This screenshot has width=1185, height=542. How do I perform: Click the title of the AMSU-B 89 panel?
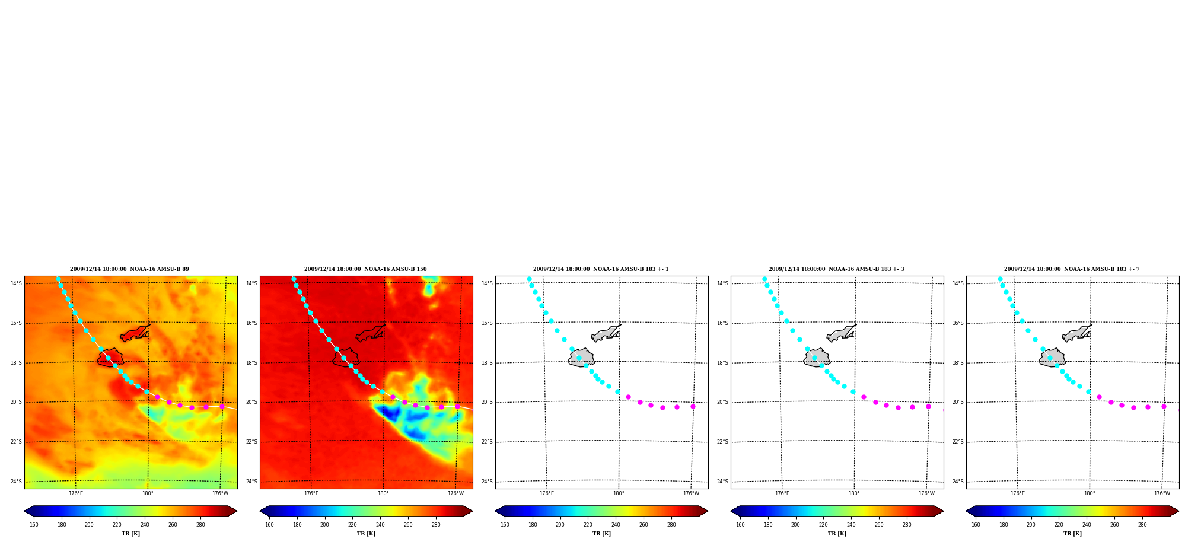tap(129, 269)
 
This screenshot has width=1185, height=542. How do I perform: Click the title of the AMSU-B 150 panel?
tap(365, 269)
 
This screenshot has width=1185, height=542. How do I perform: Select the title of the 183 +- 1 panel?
tap(601, 269)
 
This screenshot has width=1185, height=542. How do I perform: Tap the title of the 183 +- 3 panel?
tap(836, 269)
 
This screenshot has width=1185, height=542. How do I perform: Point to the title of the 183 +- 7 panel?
tap(1072, 269)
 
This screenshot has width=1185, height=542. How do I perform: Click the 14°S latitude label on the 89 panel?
tap(16, 283)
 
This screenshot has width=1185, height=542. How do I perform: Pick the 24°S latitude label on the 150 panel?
tap(251, 482)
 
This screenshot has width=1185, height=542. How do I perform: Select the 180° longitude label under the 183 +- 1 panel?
tap(619, 493)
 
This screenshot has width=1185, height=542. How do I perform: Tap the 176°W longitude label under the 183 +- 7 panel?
tap(1162, 493)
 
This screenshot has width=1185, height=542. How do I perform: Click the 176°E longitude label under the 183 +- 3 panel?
tap(782, 493)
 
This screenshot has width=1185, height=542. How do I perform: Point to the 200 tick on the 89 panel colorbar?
tap(89, 524)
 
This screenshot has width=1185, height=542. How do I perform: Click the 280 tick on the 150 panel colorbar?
tap(436, 524)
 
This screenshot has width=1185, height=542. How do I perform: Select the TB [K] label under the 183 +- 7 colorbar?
tap(1072, 534)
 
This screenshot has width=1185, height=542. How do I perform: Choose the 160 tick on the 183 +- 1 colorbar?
tap(505, 524)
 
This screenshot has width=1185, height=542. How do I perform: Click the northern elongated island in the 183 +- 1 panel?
tap(606, 333)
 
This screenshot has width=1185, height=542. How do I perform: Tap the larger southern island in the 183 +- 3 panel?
tap(817, 358)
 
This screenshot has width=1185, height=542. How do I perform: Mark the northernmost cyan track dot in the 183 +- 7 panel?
tap(1000, 279)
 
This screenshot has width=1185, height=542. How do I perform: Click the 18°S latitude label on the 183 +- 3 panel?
tap(722, 363)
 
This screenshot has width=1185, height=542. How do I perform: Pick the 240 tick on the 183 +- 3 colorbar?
tap(851, 524)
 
